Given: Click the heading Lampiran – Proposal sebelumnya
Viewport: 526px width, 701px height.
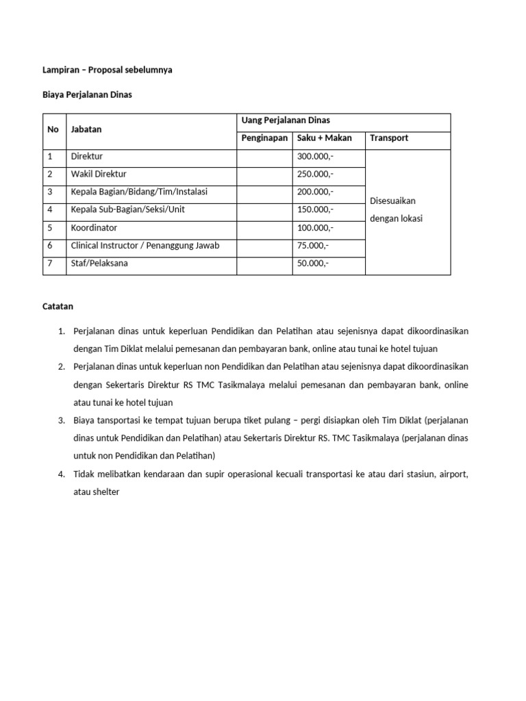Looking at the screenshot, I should click(x=107, y=70).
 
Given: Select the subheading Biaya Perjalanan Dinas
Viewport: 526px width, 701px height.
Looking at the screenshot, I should click(x=87, y=95).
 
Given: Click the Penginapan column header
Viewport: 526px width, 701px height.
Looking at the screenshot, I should click(x=264, y=138).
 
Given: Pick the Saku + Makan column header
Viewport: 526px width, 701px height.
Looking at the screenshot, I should click(x=324, y=138).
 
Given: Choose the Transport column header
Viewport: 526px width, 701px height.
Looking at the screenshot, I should click(x=388, y=138).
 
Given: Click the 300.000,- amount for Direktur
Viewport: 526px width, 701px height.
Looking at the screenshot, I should click(x=316, y=156).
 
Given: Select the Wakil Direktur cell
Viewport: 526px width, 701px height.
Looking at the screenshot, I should click(x=99, y=174).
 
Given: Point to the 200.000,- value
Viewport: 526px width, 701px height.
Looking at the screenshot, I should click(x=316, y=192).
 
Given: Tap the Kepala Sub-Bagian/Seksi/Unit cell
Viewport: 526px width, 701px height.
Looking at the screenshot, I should click(x=127, y=209).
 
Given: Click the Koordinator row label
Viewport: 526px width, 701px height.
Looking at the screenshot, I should click(x=95, y=227).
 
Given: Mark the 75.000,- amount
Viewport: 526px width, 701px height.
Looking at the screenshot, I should click(x=313, y=245).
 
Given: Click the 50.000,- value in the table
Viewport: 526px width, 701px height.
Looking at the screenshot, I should click(x=313, y=263).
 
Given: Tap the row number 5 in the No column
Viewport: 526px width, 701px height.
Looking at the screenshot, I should click(x=50, y=227).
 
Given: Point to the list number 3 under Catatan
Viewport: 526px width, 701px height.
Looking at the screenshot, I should click(x=62, y=420).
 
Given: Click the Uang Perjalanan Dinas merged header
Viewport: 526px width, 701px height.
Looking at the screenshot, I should click(x=281, y=120).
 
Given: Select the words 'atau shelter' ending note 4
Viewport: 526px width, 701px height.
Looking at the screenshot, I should click(x=96, y=491).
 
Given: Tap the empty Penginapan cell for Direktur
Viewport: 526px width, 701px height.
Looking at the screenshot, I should click(x=264, y=156).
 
